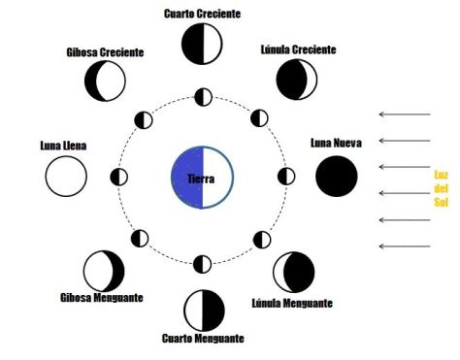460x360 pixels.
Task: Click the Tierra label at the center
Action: pos(203,179)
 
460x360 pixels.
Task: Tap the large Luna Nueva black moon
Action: pos(336,176)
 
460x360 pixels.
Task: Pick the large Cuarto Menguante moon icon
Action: pos(203,309)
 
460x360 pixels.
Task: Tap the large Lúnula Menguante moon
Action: pos(293,273)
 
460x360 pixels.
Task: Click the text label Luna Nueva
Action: pos(336,144)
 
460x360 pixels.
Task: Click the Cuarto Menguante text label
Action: pos(203,339)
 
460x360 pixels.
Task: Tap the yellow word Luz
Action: pos(441,174)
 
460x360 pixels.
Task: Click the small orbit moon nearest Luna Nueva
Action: pos(286,177)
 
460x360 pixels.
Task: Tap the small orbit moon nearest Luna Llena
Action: pos(119,177)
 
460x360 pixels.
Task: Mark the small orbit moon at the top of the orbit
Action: pos(203,97)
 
